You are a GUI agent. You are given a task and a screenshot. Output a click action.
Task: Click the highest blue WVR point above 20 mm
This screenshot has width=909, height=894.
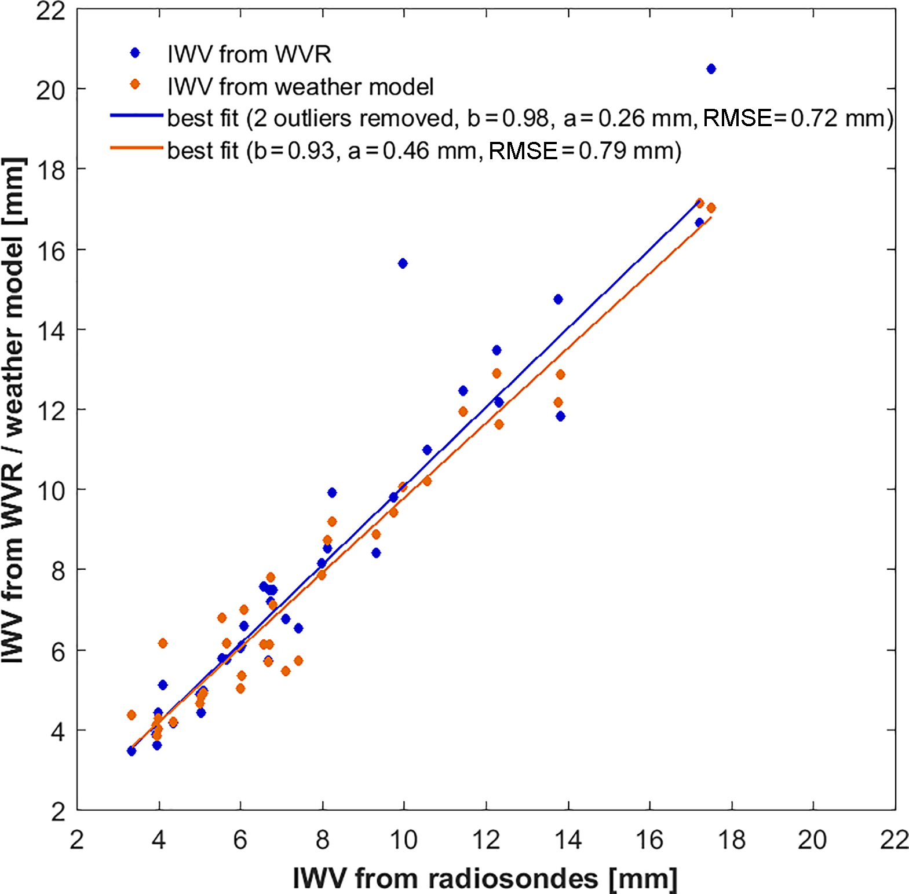[x=711, y=69]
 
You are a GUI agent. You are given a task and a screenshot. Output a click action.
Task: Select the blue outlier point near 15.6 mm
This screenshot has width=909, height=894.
[x=403, y=263]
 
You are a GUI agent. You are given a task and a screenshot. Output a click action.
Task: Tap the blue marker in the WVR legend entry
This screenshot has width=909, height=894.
[x=135, y=53]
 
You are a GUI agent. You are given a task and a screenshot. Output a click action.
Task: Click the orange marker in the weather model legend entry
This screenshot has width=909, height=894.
[x=135, y=85]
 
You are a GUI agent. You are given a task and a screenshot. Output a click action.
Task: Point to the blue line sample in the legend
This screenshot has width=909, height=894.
[x=137, y=116]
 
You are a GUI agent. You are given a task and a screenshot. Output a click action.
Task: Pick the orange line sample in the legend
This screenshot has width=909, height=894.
[x=137, y=148]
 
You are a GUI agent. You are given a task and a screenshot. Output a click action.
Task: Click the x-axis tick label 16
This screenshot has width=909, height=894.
[x=649, y=840]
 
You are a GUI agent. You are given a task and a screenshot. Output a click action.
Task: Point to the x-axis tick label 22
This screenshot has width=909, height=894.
[x=894, y=840]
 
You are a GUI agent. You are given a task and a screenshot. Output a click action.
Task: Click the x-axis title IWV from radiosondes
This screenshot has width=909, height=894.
[x=485, y=878]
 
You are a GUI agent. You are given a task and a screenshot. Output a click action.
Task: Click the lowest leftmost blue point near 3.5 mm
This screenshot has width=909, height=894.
[x=132, y=751]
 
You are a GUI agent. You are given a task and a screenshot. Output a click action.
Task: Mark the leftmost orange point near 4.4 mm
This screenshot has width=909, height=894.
[x=132, y=715]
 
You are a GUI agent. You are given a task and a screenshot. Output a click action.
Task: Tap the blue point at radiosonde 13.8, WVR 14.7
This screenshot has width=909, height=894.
[x=558, y=299]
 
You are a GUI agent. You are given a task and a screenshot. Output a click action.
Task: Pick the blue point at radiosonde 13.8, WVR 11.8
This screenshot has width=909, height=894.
[x=560, y=416]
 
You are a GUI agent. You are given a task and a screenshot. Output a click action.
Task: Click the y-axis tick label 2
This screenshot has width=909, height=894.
[x=58, y=812]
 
